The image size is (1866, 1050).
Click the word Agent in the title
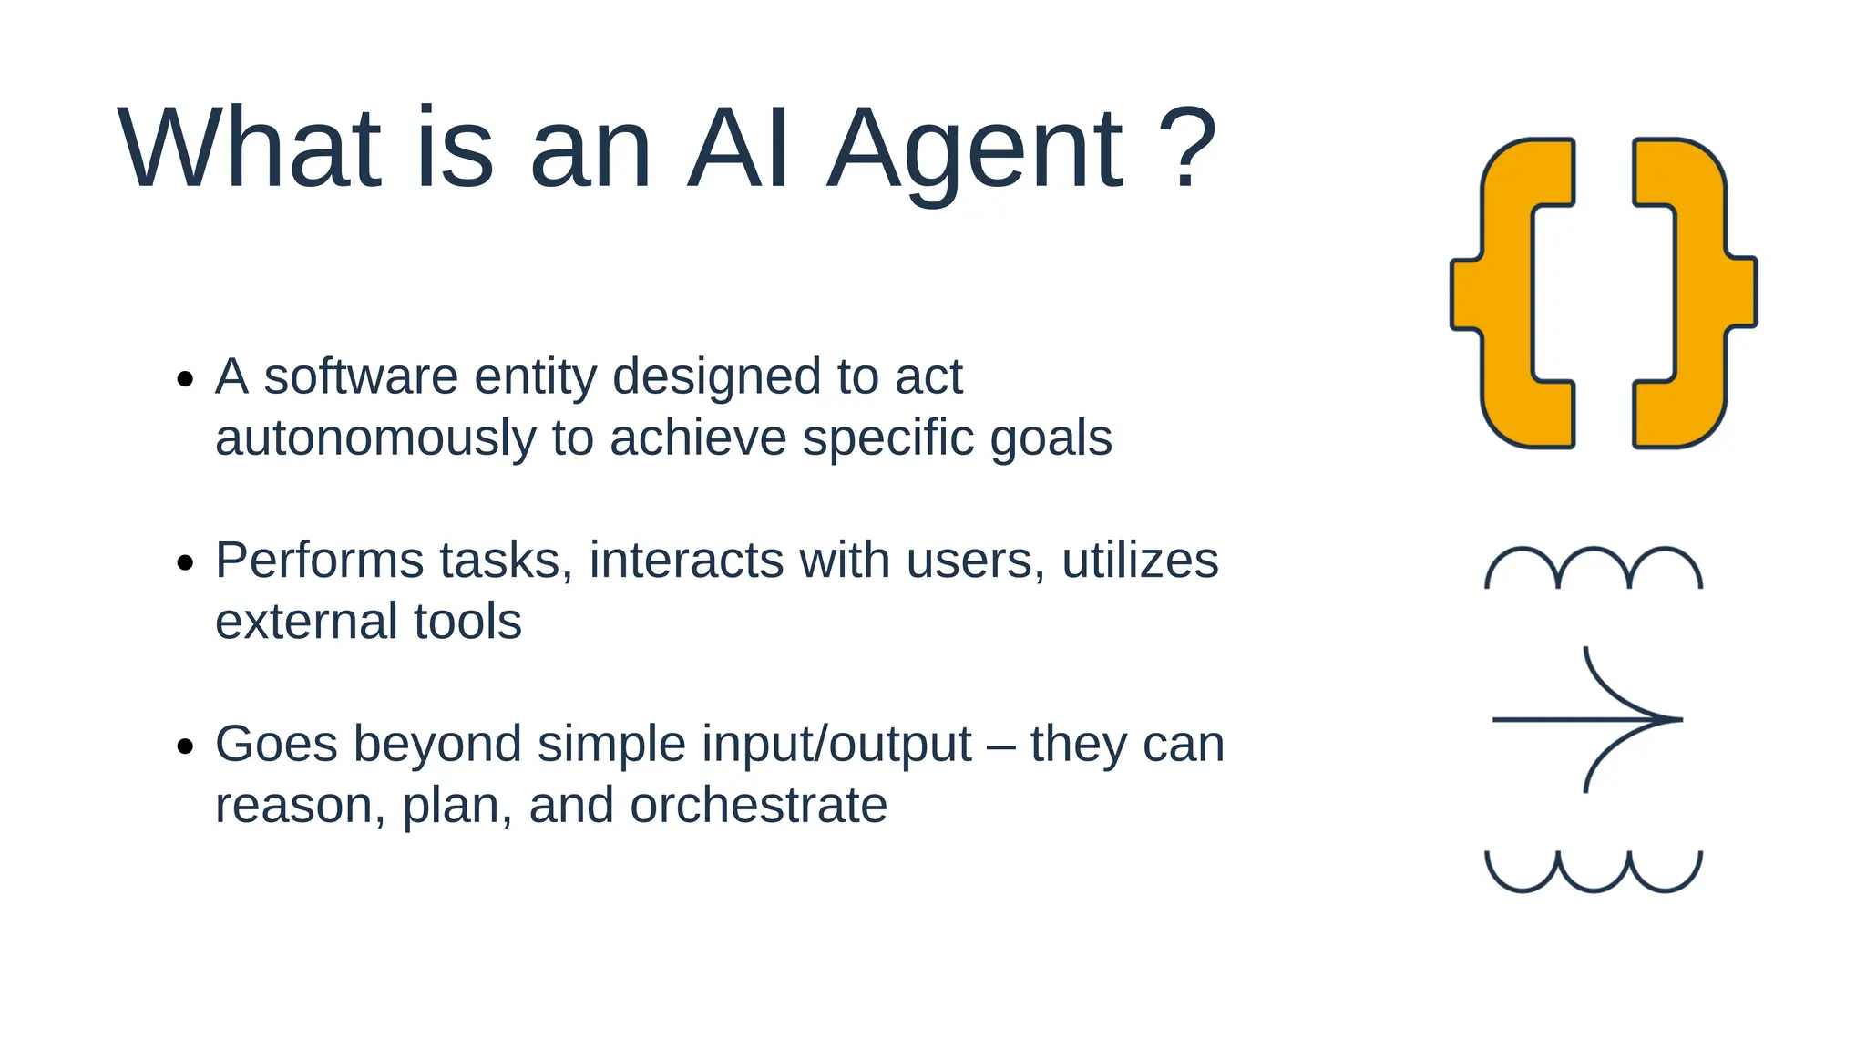point(975,150)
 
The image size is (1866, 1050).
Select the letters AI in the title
point(738,149)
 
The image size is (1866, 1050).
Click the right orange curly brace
point(1697,293)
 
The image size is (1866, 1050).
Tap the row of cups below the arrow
point(1594,871)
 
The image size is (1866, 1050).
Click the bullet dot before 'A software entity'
point(186,378)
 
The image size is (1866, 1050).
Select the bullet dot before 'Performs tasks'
point(186,562)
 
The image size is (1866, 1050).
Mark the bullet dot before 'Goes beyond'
point(186,746)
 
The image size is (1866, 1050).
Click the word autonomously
point(375,439)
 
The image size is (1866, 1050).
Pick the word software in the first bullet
point(361,376)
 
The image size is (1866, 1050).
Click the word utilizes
point(1140,561)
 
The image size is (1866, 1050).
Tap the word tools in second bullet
point(467,622)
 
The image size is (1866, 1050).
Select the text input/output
point(754,745)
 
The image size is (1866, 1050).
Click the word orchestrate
point(758,806)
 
